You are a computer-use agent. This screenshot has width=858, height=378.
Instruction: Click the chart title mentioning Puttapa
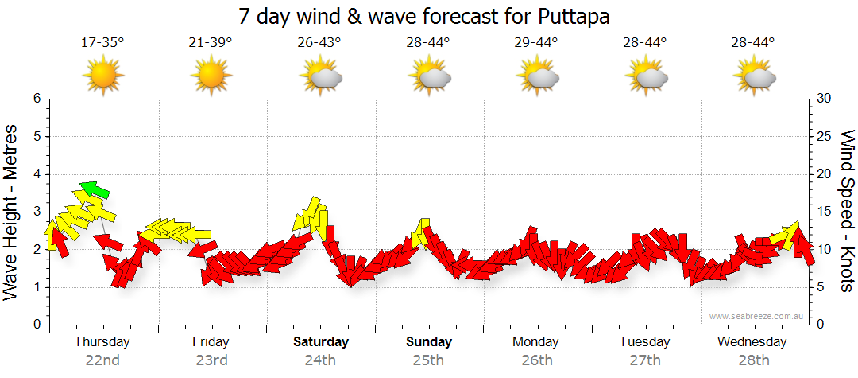(x=429, y=16)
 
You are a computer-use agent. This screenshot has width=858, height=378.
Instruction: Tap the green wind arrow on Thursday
(x=95, y=189)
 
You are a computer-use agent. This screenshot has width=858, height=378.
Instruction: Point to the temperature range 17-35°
(x=102, y=42)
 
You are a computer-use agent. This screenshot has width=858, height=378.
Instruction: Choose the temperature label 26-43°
(x=319, y=42)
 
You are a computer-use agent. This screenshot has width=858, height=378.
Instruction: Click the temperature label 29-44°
(x=536, y=42)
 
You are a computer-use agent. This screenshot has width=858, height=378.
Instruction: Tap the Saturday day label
(x=321, y=342)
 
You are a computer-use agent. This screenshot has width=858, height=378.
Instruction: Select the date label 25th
(x=427, y=360)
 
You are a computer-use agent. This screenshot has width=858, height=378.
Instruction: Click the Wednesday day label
(x=752, y=342)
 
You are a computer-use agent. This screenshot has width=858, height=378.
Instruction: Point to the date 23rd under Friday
(x=211, y=360)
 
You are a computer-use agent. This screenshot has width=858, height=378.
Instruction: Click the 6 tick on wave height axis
(x=37, y=99)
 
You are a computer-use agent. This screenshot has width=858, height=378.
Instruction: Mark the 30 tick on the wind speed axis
(x=824, y=99)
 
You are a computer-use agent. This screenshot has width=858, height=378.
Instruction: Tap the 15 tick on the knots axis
(x=824, y=212)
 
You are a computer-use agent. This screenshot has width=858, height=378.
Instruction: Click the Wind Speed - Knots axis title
(x=847, y=210)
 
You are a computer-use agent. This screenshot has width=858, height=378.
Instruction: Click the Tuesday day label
(x=643, y=342)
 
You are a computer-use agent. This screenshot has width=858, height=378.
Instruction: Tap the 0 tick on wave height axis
(x=37, y=325)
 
